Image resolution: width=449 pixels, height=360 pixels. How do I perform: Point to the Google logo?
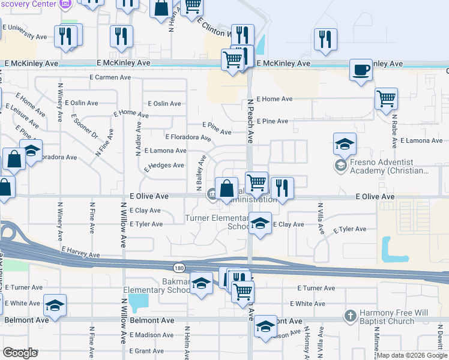click(x=20, y=353)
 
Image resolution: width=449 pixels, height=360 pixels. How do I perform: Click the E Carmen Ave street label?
click(x=110, y=77)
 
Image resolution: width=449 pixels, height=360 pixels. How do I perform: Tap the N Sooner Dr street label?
click(x=84, y=127)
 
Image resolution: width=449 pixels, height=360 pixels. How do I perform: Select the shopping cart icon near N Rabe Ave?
click(x=386, y=98)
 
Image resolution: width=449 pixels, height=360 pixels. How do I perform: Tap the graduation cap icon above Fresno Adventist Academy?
click(x=345, y=144)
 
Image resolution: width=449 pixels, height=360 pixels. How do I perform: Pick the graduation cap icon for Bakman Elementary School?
click(x=202, y=283)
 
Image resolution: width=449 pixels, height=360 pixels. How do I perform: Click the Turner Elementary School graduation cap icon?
click(x=259, y=224)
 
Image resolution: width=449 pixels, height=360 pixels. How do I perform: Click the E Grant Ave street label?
click(x=146, y=351)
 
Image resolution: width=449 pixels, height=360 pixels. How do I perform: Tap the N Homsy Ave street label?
click(x=306, y=344)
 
